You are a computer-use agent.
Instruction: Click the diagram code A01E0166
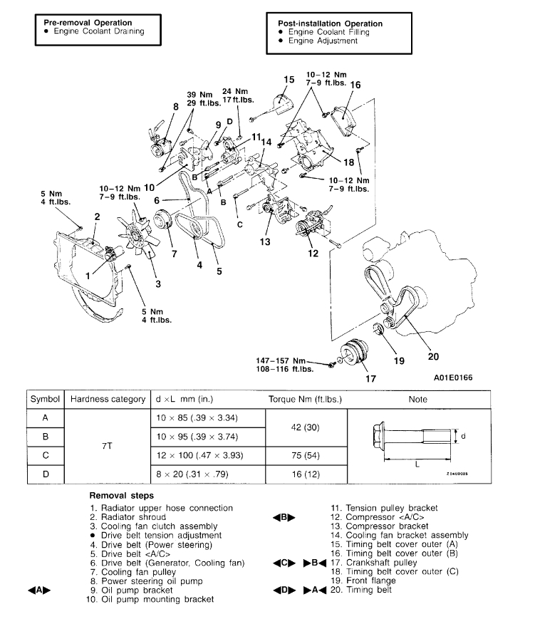tap(452, 378)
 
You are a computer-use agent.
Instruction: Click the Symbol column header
tap(44, 400)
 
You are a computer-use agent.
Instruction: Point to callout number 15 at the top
tap(289, 80)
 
